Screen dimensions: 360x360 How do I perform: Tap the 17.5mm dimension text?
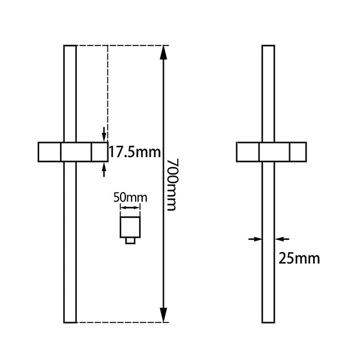pyautogui.click(x=131, y=152)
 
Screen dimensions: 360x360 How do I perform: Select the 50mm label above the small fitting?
pyautogui.click(x=130, y=196)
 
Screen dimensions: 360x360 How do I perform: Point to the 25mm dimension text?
pyautogui.click(x=299, y=259)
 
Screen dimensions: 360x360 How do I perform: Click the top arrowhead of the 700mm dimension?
pyautogui.click(x=163, y=52)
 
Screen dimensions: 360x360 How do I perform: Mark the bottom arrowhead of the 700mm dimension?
pyautogui.click(x=163, y=316)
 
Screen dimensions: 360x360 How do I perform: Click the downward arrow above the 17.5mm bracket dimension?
pyautogui.click(x=105, y=134)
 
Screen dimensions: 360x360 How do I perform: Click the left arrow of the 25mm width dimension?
pyautogui.click(x=256, y=239)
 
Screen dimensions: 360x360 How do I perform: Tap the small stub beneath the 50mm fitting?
pyautogui.click(x=130, y=241)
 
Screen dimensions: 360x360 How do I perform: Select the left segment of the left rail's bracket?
pyautogui.click(x=50, y=152)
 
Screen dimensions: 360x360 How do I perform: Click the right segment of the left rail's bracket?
pyautogui.click(x=99, y=152)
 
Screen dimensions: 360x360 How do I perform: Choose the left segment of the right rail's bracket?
pyautogui.click(x=248, y=152)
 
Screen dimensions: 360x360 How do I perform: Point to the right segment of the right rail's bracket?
pyautogui.click(x=298, y=152)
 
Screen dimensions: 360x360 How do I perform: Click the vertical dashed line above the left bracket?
pyautogui.click(x=107, y=90)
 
